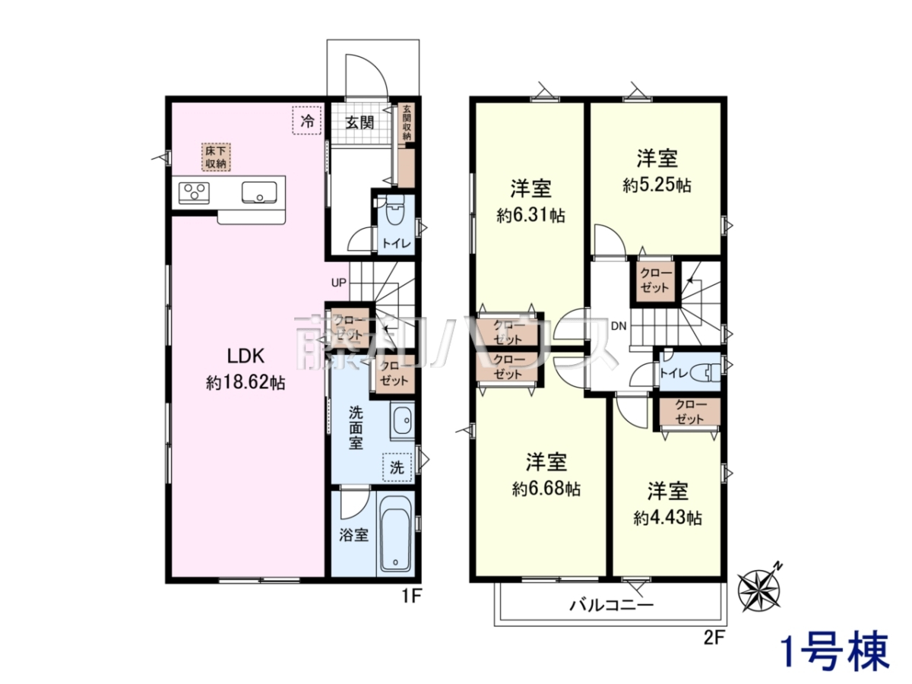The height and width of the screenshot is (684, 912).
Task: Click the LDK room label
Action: (245, 356)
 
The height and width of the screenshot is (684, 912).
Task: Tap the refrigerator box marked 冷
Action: (307, 120)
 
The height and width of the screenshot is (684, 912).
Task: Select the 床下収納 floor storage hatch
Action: (216, 157)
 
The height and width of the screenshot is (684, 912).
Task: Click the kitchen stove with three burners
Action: (194, 193)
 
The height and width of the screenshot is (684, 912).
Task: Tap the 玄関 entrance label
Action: (359, 122)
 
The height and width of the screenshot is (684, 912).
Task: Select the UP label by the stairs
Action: (339, 283)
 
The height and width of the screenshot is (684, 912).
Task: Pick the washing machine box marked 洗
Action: (397, 467)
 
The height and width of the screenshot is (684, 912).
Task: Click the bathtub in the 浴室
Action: (395, 534)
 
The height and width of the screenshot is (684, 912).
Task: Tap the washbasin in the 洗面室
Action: (402, 421)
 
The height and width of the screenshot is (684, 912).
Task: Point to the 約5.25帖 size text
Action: (657, 185)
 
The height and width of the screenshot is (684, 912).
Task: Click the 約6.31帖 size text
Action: (530, 216)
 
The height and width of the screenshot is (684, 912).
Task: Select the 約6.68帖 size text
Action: (546, 489)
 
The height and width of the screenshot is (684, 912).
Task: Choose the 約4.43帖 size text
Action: (668, 518)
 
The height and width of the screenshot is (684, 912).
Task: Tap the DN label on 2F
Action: (619, 326)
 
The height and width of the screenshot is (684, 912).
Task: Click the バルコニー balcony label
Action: (612, 605)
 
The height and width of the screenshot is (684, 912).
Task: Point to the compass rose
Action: (759, 589)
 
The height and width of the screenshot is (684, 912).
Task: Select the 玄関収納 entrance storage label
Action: (407, 122)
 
